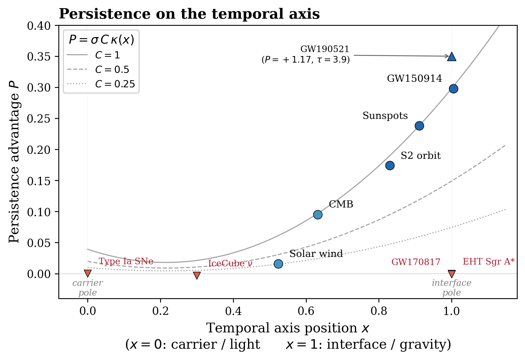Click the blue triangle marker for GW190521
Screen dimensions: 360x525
[x=452, y=57]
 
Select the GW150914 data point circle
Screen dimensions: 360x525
[x=453, y=89]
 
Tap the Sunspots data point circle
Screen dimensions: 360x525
[x=419, y=126]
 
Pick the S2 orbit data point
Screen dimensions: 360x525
[x=390, y=165]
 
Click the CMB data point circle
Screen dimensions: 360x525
[x=318, y=215]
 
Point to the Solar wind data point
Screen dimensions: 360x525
[x=278, y=264]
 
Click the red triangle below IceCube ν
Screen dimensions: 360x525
[x=197, y=275]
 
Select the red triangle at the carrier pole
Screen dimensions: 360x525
[x=88, y=273]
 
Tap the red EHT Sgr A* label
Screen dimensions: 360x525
[x=488, y=261]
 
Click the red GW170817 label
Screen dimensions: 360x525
[x=416, y=262]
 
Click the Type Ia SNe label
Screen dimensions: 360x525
[x=126, y=261]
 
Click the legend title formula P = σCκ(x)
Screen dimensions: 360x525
[x=101, y=40]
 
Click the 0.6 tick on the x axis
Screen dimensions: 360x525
[x=306, y=311]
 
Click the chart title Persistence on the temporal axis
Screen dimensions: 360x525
[x=189, y=14]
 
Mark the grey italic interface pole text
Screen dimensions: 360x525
[x=451, y=288]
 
